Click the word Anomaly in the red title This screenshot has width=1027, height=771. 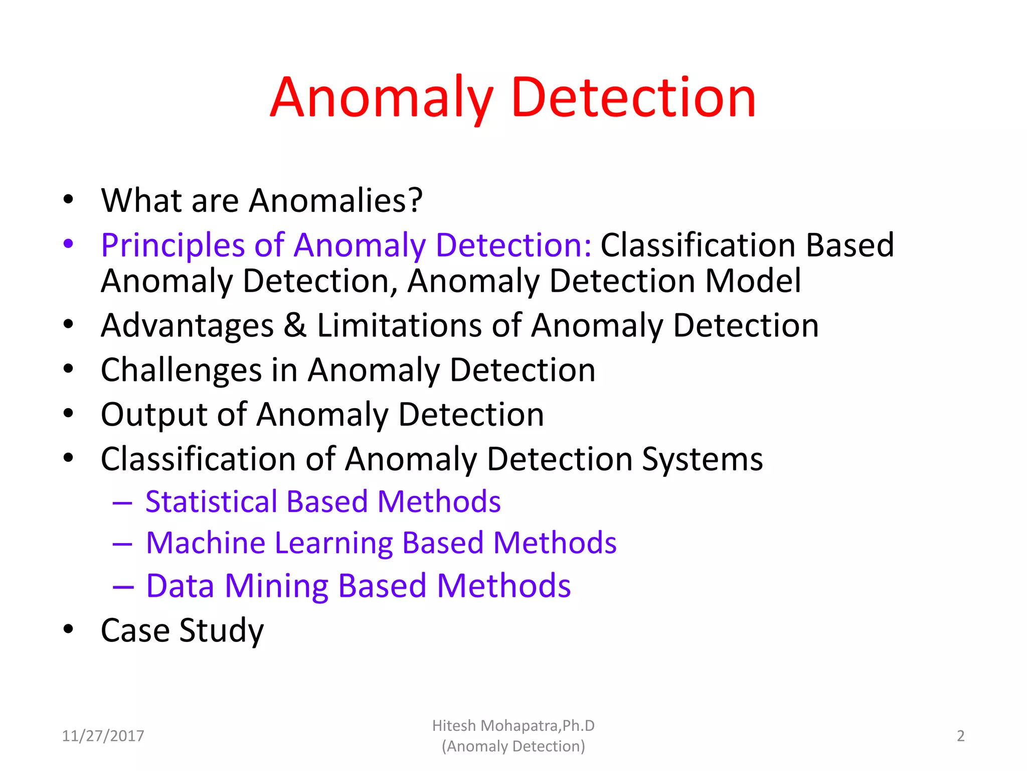pyautogui.click(x=381, y=98)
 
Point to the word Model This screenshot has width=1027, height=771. pyautogui.click(x=753, y=281)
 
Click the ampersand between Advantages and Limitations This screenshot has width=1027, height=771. pyautogui.click(x=295, y=325)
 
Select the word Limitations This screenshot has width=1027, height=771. pyautogui.click(x=399, y=325)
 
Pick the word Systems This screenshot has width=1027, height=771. pyautogui.click(x=703, y=459)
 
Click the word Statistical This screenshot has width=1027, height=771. pyautogui.click(x=211, y=501)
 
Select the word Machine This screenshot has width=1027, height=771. pyautogui.click(x=206, y=543)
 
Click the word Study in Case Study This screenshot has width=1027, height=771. pyautogui.click(x=221, y=631)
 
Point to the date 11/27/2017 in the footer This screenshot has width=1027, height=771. pyautogui.click(x=103, y=736)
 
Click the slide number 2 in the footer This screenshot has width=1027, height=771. pyautogui.click(x=960, y=736)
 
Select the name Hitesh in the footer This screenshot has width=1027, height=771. pyautogui.click(x=454, y=726)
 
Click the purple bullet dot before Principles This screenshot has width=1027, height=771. pyautogui.click(x=69, y=244)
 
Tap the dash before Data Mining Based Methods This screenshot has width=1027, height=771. pyautogui.click(x=123, y=586)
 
